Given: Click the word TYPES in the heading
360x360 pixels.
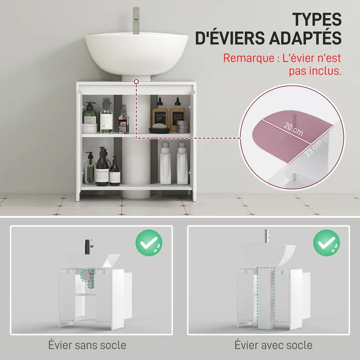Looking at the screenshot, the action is (317, 19).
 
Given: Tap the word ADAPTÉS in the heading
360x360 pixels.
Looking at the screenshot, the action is (306, 38).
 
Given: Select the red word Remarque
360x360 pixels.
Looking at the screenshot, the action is (249, 58).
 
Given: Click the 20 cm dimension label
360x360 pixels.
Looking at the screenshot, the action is (293, 129).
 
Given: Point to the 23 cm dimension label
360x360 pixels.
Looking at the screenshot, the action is (314, 148).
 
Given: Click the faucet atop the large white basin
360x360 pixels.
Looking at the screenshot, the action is (136, 20).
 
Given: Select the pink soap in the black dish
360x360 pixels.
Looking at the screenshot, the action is (160, 126).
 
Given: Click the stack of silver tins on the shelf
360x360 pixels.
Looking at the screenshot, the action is (182, 126).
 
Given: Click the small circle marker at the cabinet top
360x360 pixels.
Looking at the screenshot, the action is (136, 81).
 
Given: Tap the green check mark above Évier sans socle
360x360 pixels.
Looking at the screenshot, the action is (149, 243).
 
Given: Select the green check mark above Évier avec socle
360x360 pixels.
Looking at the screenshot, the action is (327, 243).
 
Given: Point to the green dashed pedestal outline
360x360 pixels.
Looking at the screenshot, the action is (265, 298).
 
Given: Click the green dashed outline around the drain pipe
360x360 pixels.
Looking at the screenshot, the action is (87, 278).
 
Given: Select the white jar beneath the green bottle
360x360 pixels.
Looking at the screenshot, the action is (90, 128).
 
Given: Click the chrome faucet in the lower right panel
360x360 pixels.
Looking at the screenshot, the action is (267, 236).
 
